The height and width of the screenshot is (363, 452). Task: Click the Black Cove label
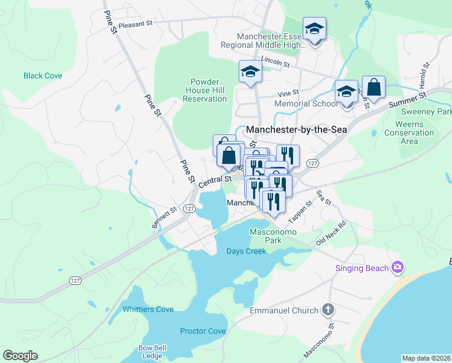(43, 76)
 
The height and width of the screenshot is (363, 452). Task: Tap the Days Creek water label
(246, 251)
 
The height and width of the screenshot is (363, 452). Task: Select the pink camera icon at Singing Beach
(398, 267)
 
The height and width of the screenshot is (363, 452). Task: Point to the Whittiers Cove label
(148, 309)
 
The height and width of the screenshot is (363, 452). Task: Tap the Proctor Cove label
(202, 331)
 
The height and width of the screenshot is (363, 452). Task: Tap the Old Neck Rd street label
(331, 233)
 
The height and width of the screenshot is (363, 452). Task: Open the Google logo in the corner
(20, 356)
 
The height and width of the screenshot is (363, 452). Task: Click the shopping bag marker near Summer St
(374, 87)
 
